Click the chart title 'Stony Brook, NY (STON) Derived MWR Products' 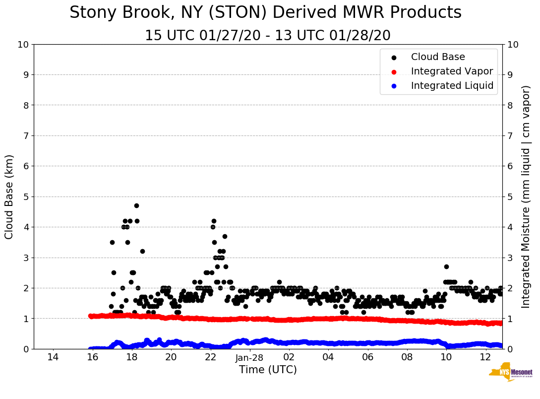coord(265,13)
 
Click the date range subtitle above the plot coord(268,36)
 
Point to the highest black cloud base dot coord(136,205)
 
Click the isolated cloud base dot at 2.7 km coord(446,266)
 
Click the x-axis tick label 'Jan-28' coord(249,358)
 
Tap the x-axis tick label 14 coord(53,358)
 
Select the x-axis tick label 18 coord(131,358)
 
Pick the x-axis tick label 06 coord(367,358)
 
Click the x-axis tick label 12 coord(485,358)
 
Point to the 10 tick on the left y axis coord(23,45)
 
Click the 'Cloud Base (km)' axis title coord(9,197)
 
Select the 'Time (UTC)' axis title coord(268,370)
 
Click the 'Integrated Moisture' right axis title coord(526,197)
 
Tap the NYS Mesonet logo coord(510,373)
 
